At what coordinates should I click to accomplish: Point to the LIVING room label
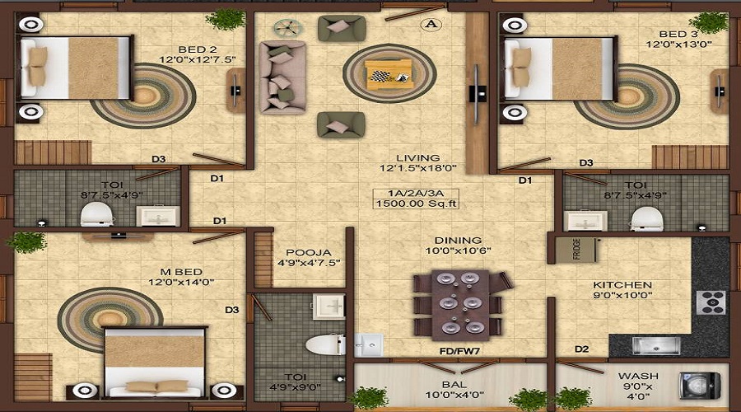tap(417, 157)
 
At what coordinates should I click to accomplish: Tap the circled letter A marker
tap(430, 24)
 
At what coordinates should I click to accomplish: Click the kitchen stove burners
tap(711, 303)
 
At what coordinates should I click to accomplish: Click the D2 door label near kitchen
tap(582, 349)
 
